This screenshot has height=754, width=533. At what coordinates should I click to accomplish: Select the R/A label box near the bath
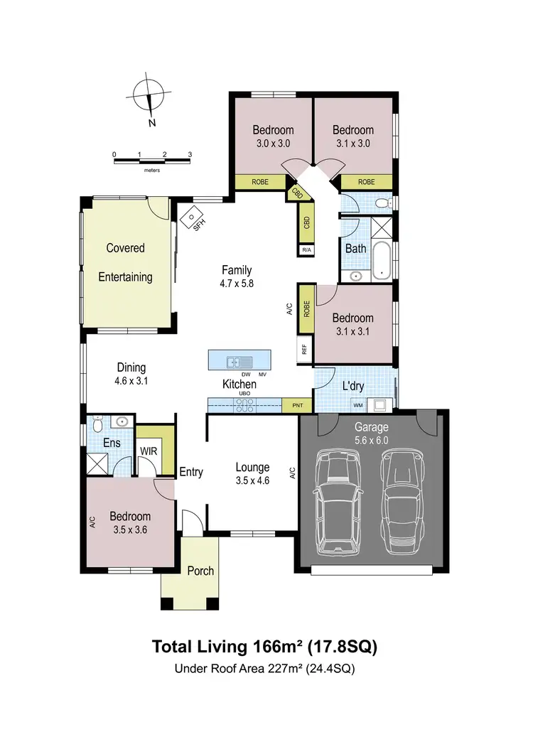click(x=306, y=251)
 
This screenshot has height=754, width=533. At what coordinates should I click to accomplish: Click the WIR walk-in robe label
click(x=149, y=451)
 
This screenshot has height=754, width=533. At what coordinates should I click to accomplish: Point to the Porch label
click(x=200, y=571)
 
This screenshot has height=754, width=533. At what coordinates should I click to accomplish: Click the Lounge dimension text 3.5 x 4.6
click(x=252, y=480)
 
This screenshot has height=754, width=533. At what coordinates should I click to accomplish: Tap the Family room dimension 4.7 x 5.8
click(x=237, y=282)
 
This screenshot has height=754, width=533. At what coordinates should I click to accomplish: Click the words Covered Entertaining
click(x=125, y=262)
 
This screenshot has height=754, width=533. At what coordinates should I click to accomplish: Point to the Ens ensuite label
click(x=112, y=443)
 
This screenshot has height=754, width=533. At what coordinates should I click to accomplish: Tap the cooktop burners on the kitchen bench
click(x=245, y=405)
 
